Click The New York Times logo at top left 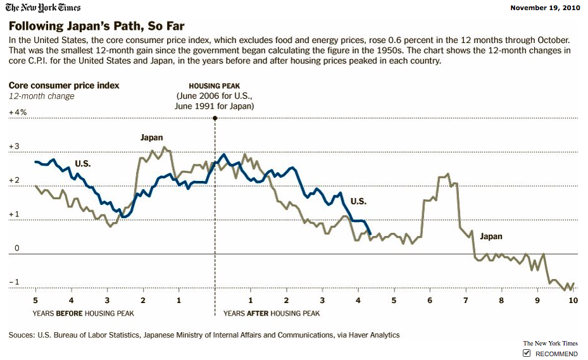(x=44, y=8)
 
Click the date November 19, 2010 (x=545, y=8)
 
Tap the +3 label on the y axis (x=14, y=147)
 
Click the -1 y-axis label (x=14, y=282)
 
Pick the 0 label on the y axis (x=17, y=249)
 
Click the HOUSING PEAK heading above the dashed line (x=215, y=85)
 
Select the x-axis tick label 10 (x=573, y=301)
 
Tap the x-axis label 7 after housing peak (x=465, y=301)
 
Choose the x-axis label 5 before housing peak (x=35, y=301)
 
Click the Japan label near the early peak (x=151, y=137)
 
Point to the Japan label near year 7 (x=491, y=237)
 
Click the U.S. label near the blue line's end (x=358, y=201)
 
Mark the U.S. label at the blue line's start (x=83, y=164)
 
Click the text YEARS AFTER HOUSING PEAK (x=272, y=313)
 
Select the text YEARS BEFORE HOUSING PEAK (x=83, y=313)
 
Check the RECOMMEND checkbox (x=527, y=353)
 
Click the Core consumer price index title (x=64, y=85)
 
